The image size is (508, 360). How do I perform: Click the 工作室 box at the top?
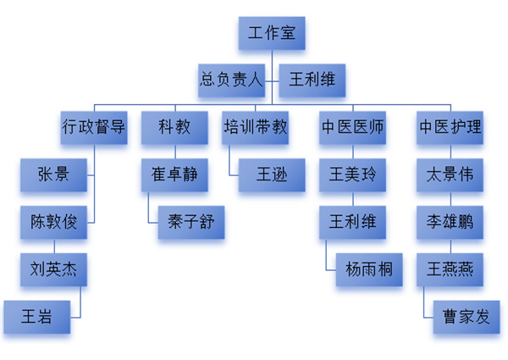271,35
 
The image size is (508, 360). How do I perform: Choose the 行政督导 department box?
94,128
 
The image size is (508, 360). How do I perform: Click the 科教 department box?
174,128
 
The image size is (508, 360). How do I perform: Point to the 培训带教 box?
256,128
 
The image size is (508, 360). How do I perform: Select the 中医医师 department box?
353,128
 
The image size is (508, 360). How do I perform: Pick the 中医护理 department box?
450,128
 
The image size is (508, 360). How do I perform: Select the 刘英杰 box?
53,271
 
